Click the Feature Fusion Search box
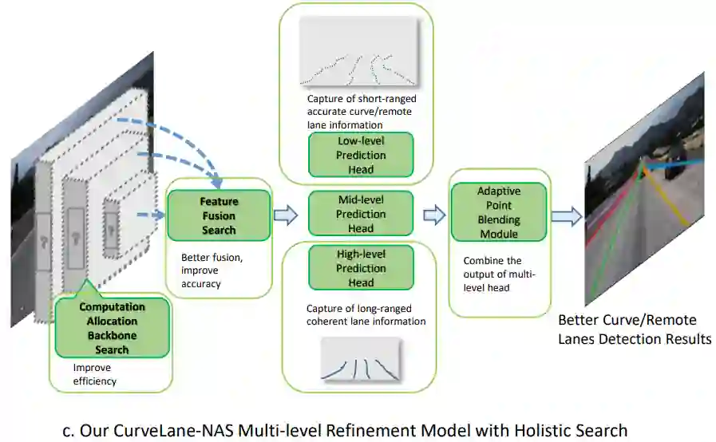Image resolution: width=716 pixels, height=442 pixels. tap(218, 215)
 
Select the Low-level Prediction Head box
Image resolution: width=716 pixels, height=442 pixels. tap(361, 155)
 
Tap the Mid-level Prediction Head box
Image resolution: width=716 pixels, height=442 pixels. tap(361, 214)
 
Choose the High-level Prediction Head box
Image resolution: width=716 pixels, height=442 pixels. tap(361, 268)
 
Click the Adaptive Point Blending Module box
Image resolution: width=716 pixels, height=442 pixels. tap(499, 212)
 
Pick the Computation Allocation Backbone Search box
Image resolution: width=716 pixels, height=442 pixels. tap(112, 328)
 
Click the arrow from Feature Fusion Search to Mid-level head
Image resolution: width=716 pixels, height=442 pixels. tap(285, 214)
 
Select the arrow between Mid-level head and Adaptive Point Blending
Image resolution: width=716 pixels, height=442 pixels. tap(433, 214)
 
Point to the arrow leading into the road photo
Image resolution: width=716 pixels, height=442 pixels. tap(566, 215)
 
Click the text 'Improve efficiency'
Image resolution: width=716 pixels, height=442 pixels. tap(94, 375)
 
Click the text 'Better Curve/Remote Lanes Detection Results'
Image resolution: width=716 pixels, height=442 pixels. tap(634, 330)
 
